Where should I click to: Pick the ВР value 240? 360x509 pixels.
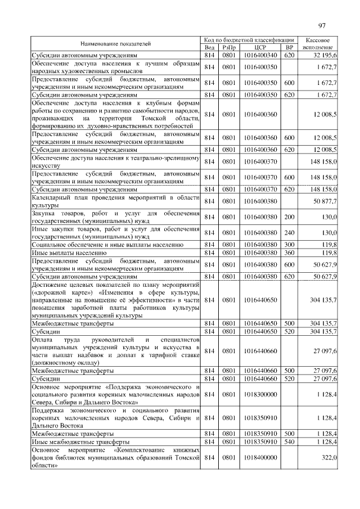tap(289, 232)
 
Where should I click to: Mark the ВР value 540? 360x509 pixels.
tap(289, 442)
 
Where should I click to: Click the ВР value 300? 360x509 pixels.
tap(289, 245)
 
